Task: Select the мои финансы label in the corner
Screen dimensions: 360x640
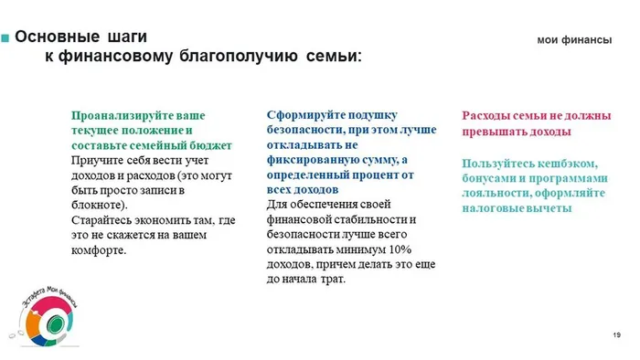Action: pos(573,40)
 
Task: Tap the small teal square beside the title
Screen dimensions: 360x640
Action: pos(6,38)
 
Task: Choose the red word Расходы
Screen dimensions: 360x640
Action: pos(489,116)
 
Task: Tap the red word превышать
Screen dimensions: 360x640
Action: pos(496,131)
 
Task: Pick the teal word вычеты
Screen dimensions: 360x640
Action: pos(549,208)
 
